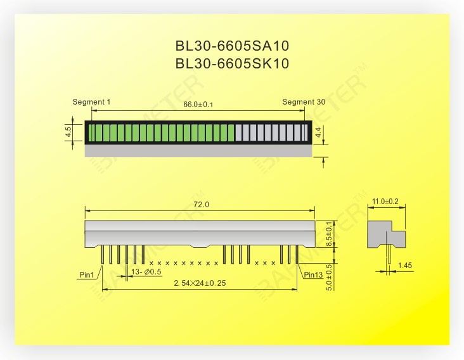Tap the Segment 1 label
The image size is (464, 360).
pos(91,102)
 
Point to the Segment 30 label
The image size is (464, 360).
pos(304,102)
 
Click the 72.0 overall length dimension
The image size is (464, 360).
pos(200,205)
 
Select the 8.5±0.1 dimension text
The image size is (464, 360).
pos(328,234)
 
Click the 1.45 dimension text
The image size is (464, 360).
pos(406,266)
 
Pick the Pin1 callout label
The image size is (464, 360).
pos(87,275)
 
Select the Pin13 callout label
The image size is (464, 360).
pos(313,275)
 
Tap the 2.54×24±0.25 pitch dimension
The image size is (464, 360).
pos(200,283)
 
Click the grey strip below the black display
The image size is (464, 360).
pos(198,151)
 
